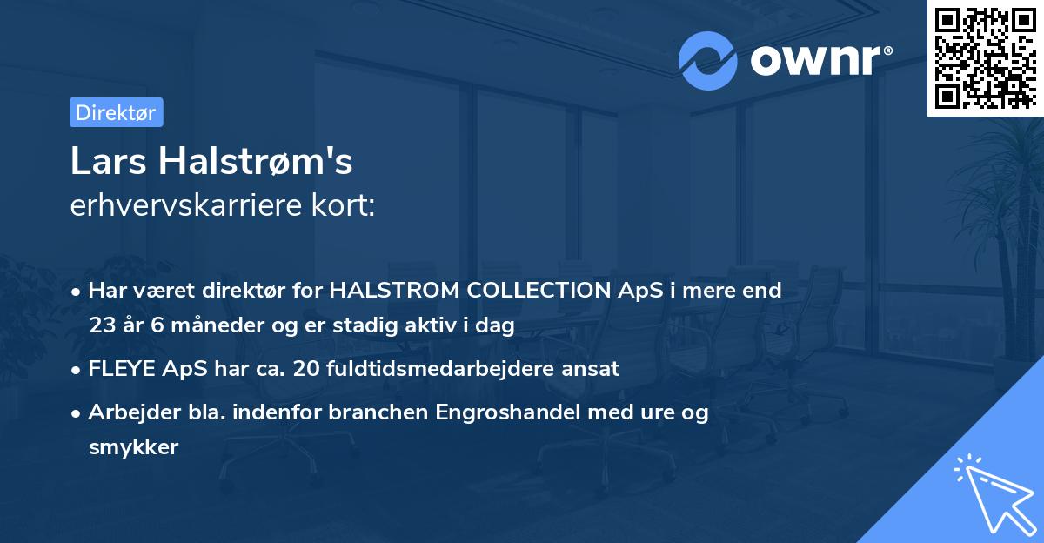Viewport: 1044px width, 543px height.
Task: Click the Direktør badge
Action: click(116, 112)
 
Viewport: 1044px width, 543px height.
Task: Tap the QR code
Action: click(985, 57)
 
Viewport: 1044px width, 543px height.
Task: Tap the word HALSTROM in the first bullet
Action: click(383, 291)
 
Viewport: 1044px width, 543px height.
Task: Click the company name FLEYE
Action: click(121, 369)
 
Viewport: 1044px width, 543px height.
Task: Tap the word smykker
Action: click(133, 447)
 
